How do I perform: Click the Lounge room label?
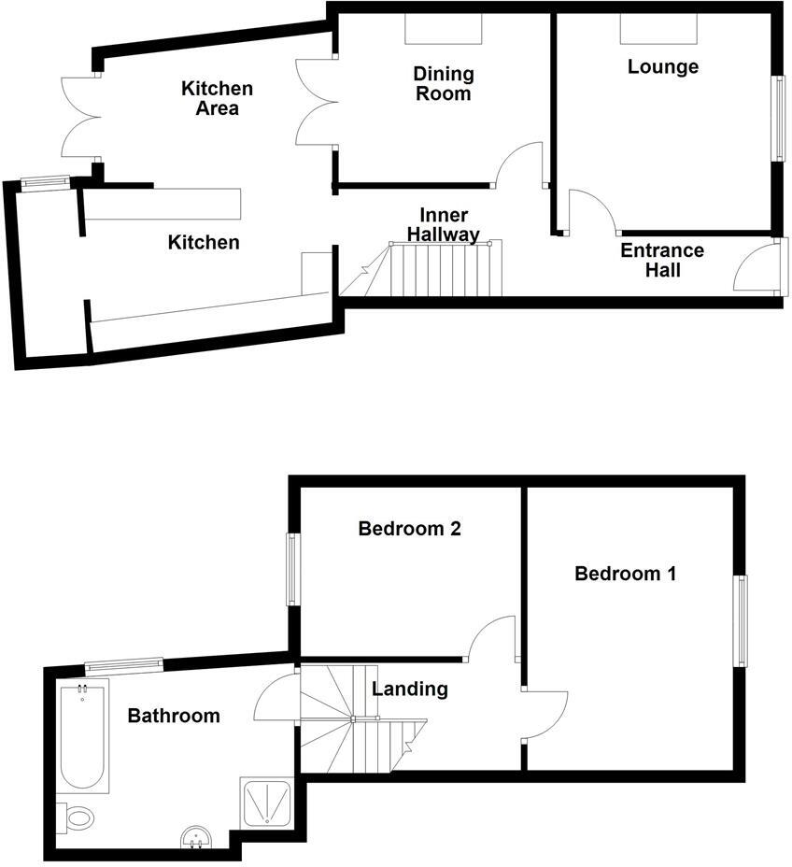point(663,67)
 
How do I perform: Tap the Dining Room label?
point(445,83)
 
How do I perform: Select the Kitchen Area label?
point(217,98)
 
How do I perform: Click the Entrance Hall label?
point(662,261)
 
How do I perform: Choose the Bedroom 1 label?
point(625,574)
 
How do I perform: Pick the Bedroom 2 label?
point(410,529)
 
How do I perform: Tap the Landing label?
point(410,689)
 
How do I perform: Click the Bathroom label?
point(174,717)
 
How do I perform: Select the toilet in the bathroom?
point(77,817)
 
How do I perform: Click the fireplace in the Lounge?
point(659,29)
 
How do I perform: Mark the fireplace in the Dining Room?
point(444,29)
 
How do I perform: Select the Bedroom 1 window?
point(742,621)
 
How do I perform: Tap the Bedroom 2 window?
point(293,569)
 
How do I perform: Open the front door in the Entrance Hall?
point(758,269)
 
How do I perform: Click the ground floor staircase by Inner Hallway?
point(445,269)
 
